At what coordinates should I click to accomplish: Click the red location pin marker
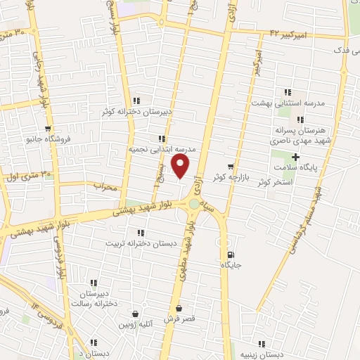point(181,167)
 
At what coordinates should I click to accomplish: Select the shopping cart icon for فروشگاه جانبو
point(48,129)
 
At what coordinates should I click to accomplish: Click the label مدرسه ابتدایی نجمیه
point(162,150)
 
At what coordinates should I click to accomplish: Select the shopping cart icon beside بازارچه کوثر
point(231,167)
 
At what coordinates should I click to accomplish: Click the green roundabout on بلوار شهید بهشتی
point(193,205)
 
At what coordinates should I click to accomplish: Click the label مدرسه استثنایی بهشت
point(288,103)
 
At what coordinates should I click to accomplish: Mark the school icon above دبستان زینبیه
point(262,344)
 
